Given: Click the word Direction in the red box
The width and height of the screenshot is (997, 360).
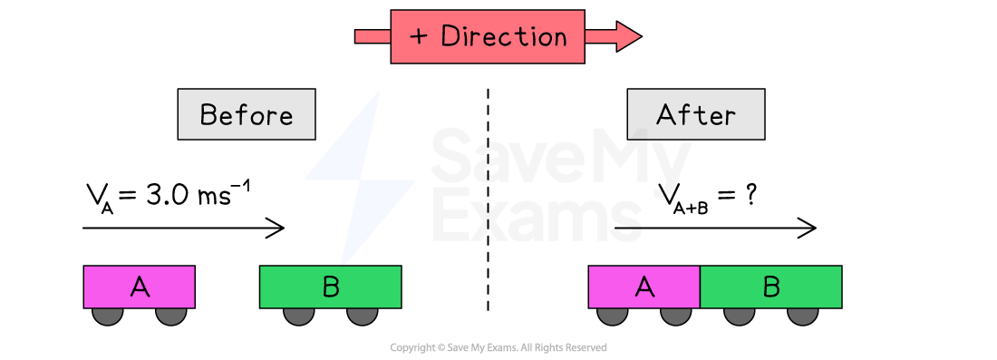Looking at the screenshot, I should [x=504, y=37].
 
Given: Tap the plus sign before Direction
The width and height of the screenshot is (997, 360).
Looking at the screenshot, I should [x=418, y=37].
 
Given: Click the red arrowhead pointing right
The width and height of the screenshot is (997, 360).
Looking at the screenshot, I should [x=625, y=36].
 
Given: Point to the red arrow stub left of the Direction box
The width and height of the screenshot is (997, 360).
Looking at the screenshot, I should [x=373, y=36].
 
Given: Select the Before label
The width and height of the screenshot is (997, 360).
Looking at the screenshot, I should [x=247, y=115].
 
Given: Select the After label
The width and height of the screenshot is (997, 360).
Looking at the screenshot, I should [x=696, y=115].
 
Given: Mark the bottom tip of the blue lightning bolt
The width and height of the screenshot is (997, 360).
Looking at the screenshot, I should [x=343, y=262].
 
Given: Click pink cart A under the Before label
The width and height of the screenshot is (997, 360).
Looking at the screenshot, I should [x=140, y=287].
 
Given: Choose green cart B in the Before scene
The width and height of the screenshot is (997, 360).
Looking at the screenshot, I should [x=330, y=287].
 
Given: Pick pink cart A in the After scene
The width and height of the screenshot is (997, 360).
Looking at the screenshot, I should [x=644, y=287].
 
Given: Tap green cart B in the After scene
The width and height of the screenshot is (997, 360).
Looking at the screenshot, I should [x=771, y=287].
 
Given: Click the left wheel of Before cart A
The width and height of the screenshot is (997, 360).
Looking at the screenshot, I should [x=108, y=315].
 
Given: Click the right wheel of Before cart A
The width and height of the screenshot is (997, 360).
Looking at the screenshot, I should [x=170, y=315].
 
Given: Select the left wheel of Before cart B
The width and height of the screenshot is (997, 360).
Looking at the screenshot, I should [x=299, y=315].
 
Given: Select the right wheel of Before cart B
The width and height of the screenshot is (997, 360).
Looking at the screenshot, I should [x=362, y=315].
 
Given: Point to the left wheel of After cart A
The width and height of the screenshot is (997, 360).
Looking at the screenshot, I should [x=613, y=315].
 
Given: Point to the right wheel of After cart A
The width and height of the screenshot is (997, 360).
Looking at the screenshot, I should [x=675, y=315].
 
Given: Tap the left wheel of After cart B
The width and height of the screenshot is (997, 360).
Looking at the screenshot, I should [x=740, y=315].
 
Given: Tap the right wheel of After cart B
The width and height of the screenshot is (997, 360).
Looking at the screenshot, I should [x=802, y=315].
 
